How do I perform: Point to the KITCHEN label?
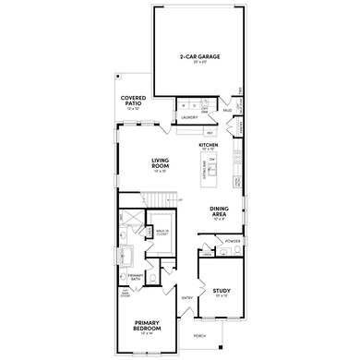[x=208, y=145]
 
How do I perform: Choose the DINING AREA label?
[x=221, y=211]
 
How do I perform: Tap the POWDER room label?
[x=232, y=241]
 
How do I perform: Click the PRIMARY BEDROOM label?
[x=145, y=326]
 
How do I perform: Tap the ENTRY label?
[x=187, y=298]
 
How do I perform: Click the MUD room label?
[x=227, y=110]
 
